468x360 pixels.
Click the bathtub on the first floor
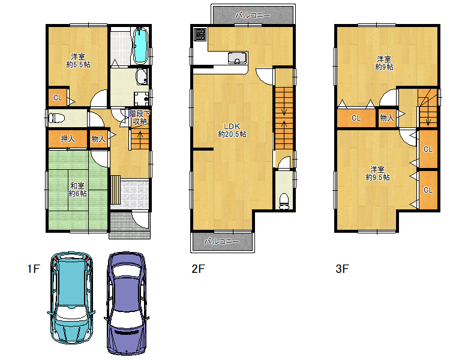pos(140,46)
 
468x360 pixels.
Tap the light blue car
pos(71,298)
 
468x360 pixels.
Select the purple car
pos(127,304)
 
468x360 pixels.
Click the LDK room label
pos(232,130)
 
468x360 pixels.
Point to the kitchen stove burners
pos(200,34)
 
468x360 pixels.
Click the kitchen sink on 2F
pos(237,58)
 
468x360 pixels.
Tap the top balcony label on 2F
pos(253,15)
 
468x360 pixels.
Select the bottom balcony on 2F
pos(223,241)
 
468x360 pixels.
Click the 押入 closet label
pos(68,139)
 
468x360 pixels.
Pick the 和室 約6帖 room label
pos(77,190)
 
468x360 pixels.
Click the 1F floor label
pos(34,269)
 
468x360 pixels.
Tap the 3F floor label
pos(342,269)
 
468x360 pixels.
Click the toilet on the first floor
pos(56,118)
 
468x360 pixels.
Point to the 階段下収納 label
pos(140,118)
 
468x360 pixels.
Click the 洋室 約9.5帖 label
pos(377,173)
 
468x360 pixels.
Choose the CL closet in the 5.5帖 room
pos(58,97)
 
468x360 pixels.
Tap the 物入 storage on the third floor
pos(387,118)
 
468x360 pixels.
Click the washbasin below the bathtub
pos(142,77)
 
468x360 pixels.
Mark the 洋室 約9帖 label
pos(384,63)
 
